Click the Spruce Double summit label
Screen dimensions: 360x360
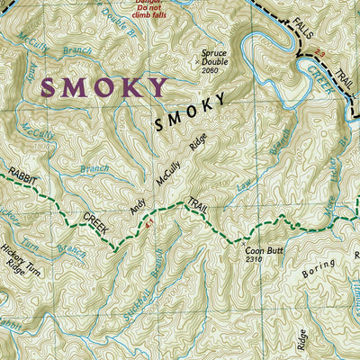click(215, 56)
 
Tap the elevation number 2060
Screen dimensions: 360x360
click(211, 69)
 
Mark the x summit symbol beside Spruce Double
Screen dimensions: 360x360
click(199, 62)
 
